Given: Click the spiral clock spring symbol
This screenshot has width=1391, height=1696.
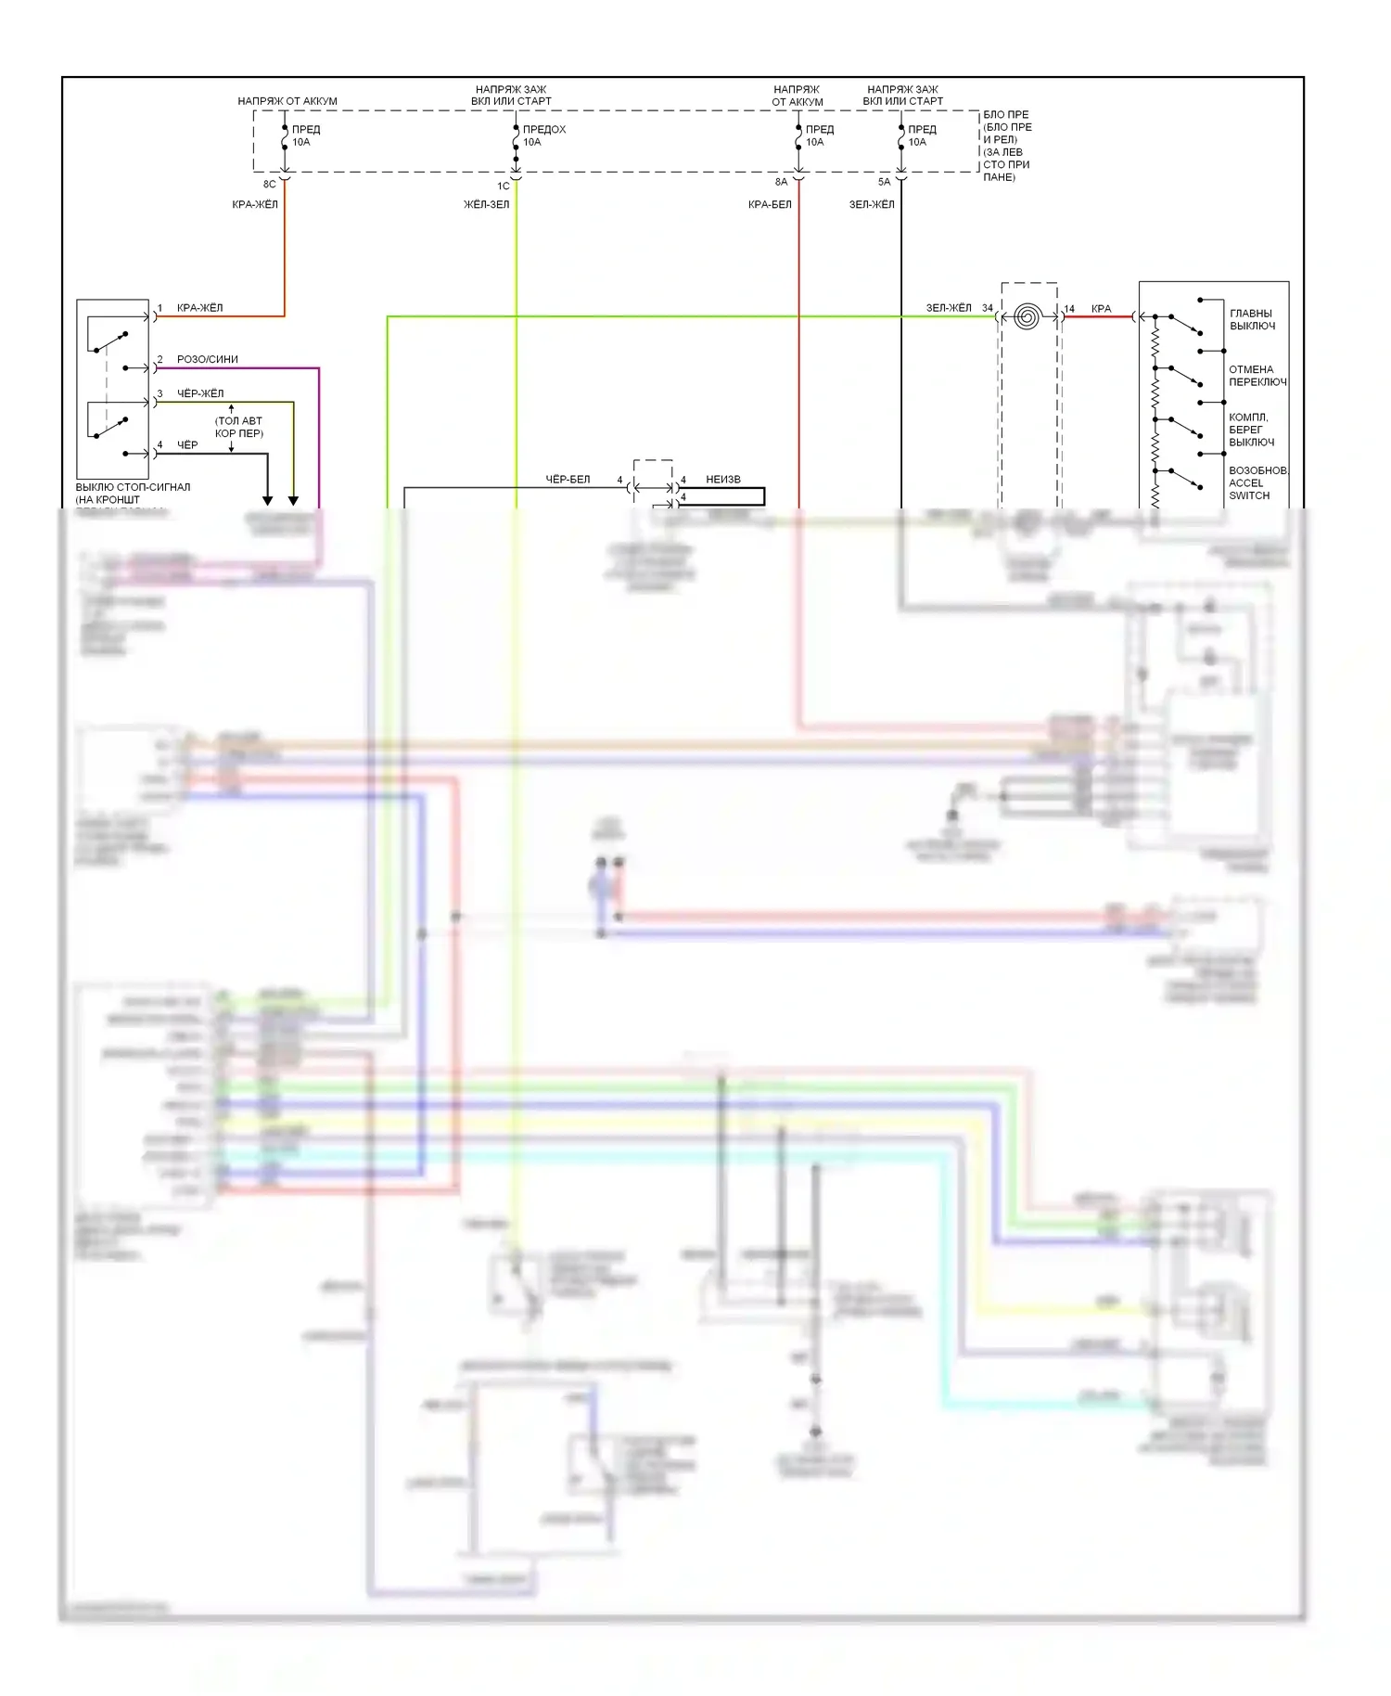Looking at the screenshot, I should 1025,316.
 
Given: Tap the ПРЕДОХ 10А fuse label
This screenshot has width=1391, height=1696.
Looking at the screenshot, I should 543,135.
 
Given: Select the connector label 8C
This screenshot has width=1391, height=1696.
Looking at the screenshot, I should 269,184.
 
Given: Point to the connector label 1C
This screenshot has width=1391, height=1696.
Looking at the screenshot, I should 504,186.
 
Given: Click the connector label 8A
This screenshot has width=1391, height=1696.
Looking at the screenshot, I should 781,182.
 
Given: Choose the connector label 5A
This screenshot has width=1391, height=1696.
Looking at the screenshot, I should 884,182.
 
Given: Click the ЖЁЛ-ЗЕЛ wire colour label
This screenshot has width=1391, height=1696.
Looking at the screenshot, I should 486,204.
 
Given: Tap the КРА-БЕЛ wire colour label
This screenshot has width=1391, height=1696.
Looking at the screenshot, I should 770,204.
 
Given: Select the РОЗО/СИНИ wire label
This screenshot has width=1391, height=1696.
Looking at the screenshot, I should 208,359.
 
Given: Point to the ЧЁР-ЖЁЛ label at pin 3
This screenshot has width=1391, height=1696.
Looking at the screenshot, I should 200,393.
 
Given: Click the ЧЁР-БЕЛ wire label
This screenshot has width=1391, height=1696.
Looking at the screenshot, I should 568,480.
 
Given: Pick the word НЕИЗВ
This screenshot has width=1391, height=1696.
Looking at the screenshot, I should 723,480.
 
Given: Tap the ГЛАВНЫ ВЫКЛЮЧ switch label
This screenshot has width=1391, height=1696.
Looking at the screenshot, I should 1252,319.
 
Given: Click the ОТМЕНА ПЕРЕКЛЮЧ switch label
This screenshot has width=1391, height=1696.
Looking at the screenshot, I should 1257,375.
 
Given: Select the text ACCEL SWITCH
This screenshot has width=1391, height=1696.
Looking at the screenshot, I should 1248,489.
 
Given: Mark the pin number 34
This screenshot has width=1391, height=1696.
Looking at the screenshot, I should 988,308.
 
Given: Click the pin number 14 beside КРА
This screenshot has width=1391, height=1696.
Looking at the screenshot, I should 1069,309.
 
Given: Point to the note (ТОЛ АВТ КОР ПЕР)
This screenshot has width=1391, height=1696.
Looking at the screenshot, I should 238,427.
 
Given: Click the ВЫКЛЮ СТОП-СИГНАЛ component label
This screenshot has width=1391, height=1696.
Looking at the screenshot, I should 133,487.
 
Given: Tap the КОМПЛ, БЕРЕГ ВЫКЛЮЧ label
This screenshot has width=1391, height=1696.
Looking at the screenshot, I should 1251,430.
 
